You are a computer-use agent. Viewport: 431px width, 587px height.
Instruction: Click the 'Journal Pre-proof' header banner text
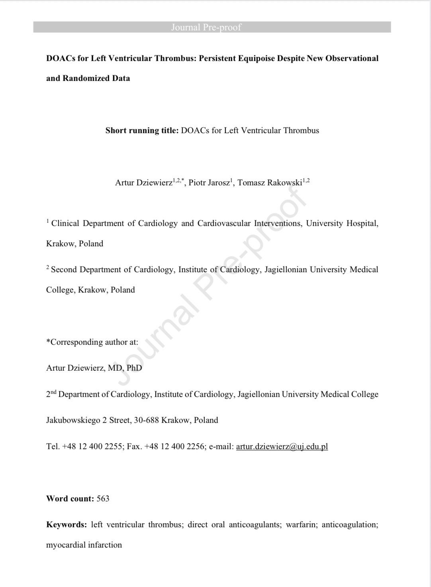coord(206,27)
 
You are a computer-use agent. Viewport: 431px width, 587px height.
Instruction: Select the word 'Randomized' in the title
coord(84,78)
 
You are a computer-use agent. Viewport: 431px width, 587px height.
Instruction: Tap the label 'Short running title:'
coord(142,130)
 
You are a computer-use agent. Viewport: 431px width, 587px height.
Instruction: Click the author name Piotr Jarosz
coord(209,183)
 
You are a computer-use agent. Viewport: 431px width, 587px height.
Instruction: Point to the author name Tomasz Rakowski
coord(270,183)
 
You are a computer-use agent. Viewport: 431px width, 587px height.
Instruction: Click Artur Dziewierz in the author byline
coord(143,183)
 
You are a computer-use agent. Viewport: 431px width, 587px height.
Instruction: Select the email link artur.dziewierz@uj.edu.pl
coord(282,446)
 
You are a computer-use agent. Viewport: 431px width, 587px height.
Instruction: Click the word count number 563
coord(103,499)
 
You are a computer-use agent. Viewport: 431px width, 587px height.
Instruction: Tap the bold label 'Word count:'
coord(70,499)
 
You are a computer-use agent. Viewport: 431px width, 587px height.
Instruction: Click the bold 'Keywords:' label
coord(67,524)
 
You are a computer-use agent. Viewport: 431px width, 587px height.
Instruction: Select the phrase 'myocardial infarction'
coord(84,545)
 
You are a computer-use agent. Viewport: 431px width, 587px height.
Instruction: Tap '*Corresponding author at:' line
coord(92,342)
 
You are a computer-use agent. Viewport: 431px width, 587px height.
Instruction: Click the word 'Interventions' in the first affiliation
coord(278,223)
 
